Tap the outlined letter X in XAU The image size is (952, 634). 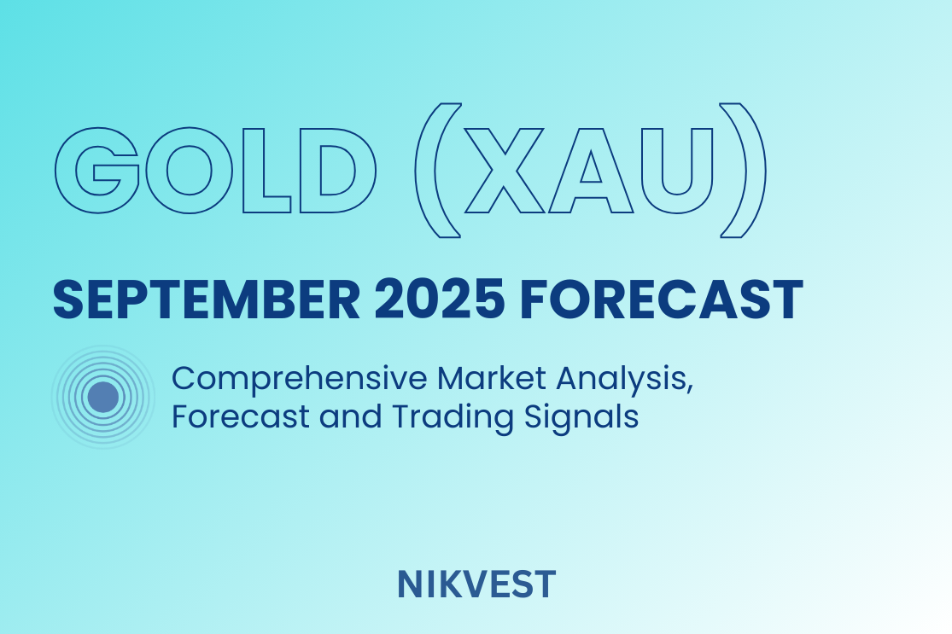pos(505,171)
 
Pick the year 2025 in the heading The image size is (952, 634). pos(439,300)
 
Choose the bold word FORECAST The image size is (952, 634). pos(661,300)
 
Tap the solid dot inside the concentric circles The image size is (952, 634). pos(103,398)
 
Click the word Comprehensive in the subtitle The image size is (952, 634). pos(300,379)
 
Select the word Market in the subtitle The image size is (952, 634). pos(492,378)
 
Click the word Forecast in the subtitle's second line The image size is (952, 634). pos(241,416)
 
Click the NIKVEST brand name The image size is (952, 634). pos(476,585)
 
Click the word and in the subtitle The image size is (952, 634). pos(350,416)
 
